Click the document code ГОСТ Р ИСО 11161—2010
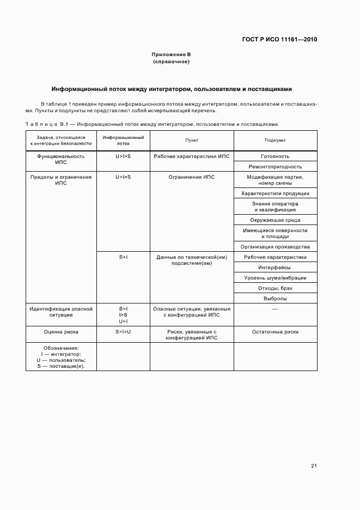tap(279, 39)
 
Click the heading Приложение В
tap(171, 54)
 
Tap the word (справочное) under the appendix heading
tap(171, 62)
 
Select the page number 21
tap(314, 465)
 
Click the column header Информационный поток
tap(123, 141)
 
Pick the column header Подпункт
tap(275, 141)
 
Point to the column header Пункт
tap(192, 141)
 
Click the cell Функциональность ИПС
tap(61, 159)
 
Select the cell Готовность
tap(275, 156)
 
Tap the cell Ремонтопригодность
tap(275, 167)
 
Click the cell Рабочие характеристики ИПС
tap(192, 156)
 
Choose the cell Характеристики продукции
tap(275, 193)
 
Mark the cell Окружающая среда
tap(275, 220)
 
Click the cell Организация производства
tap(275, 247)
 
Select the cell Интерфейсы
tap(275, 268)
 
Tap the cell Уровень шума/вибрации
tap(275, 278)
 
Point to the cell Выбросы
tap(275, 299)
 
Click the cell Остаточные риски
tap(275, 331)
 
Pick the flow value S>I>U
tap(123, 331)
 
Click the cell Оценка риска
tap(61, 331)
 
